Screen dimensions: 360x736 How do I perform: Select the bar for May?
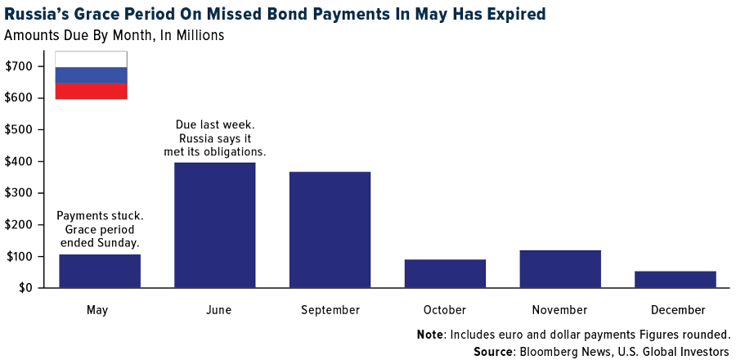click(100, 271)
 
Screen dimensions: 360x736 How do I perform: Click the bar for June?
click(215, 225)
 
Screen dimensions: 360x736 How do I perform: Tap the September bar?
click(330, 230)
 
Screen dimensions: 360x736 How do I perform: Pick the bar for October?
click(445, 273)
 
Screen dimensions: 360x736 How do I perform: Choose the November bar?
click(560, 269)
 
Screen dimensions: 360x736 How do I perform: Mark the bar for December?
click(675, 279)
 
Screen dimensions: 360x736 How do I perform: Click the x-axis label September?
click(330, 310)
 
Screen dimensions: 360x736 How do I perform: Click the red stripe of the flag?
click(91, 91)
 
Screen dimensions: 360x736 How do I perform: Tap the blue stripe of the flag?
click(91, 74)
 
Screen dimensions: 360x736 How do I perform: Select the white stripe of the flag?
click(91, 59)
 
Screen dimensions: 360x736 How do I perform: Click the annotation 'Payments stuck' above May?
click(100, 216)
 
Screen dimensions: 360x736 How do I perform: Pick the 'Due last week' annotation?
click(215, 124)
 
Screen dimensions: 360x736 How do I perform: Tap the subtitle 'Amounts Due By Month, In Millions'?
click(114, 35)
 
